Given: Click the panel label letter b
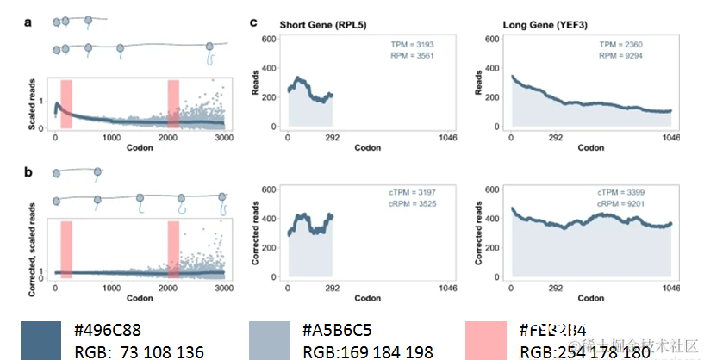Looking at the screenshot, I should click(29, 171).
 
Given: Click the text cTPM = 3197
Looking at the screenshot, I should click(410, 192).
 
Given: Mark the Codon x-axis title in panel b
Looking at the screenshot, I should click(140, 298).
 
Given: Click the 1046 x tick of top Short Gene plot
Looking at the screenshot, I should click(448, 137).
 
